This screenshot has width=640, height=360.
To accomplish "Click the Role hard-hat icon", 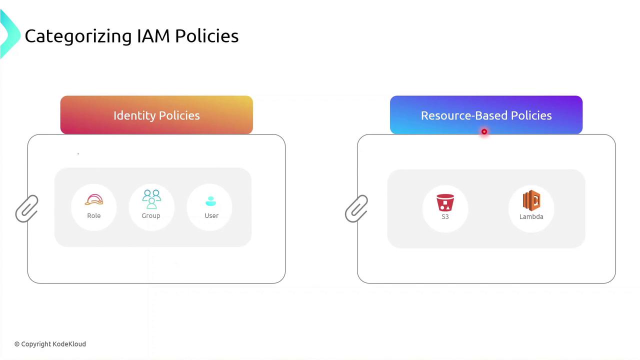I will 94,200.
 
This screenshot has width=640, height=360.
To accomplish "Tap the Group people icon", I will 151,199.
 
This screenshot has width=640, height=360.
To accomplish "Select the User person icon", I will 211,201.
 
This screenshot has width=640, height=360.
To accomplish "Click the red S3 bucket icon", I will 445,203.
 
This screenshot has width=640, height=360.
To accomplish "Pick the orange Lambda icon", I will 531,200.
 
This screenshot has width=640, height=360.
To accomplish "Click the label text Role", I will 94,215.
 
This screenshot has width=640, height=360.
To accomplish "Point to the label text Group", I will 151,215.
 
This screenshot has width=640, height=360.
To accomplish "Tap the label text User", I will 211,215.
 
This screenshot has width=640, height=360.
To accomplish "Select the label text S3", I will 445,216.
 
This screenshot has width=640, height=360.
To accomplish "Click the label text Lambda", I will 531,216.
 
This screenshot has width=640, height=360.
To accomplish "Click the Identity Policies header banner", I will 156,115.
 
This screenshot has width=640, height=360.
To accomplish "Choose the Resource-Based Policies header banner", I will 486,115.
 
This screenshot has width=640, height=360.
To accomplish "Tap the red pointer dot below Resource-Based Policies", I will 484,132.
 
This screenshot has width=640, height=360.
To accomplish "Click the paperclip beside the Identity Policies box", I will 27,208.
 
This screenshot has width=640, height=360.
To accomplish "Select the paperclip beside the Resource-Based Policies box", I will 356,208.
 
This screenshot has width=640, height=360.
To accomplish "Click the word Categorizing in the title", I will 78,36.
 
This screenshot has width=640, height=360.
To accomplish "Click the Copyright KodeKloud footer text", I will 50,344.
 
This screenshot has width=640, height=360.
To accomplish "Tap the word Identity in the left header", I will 132,115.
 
